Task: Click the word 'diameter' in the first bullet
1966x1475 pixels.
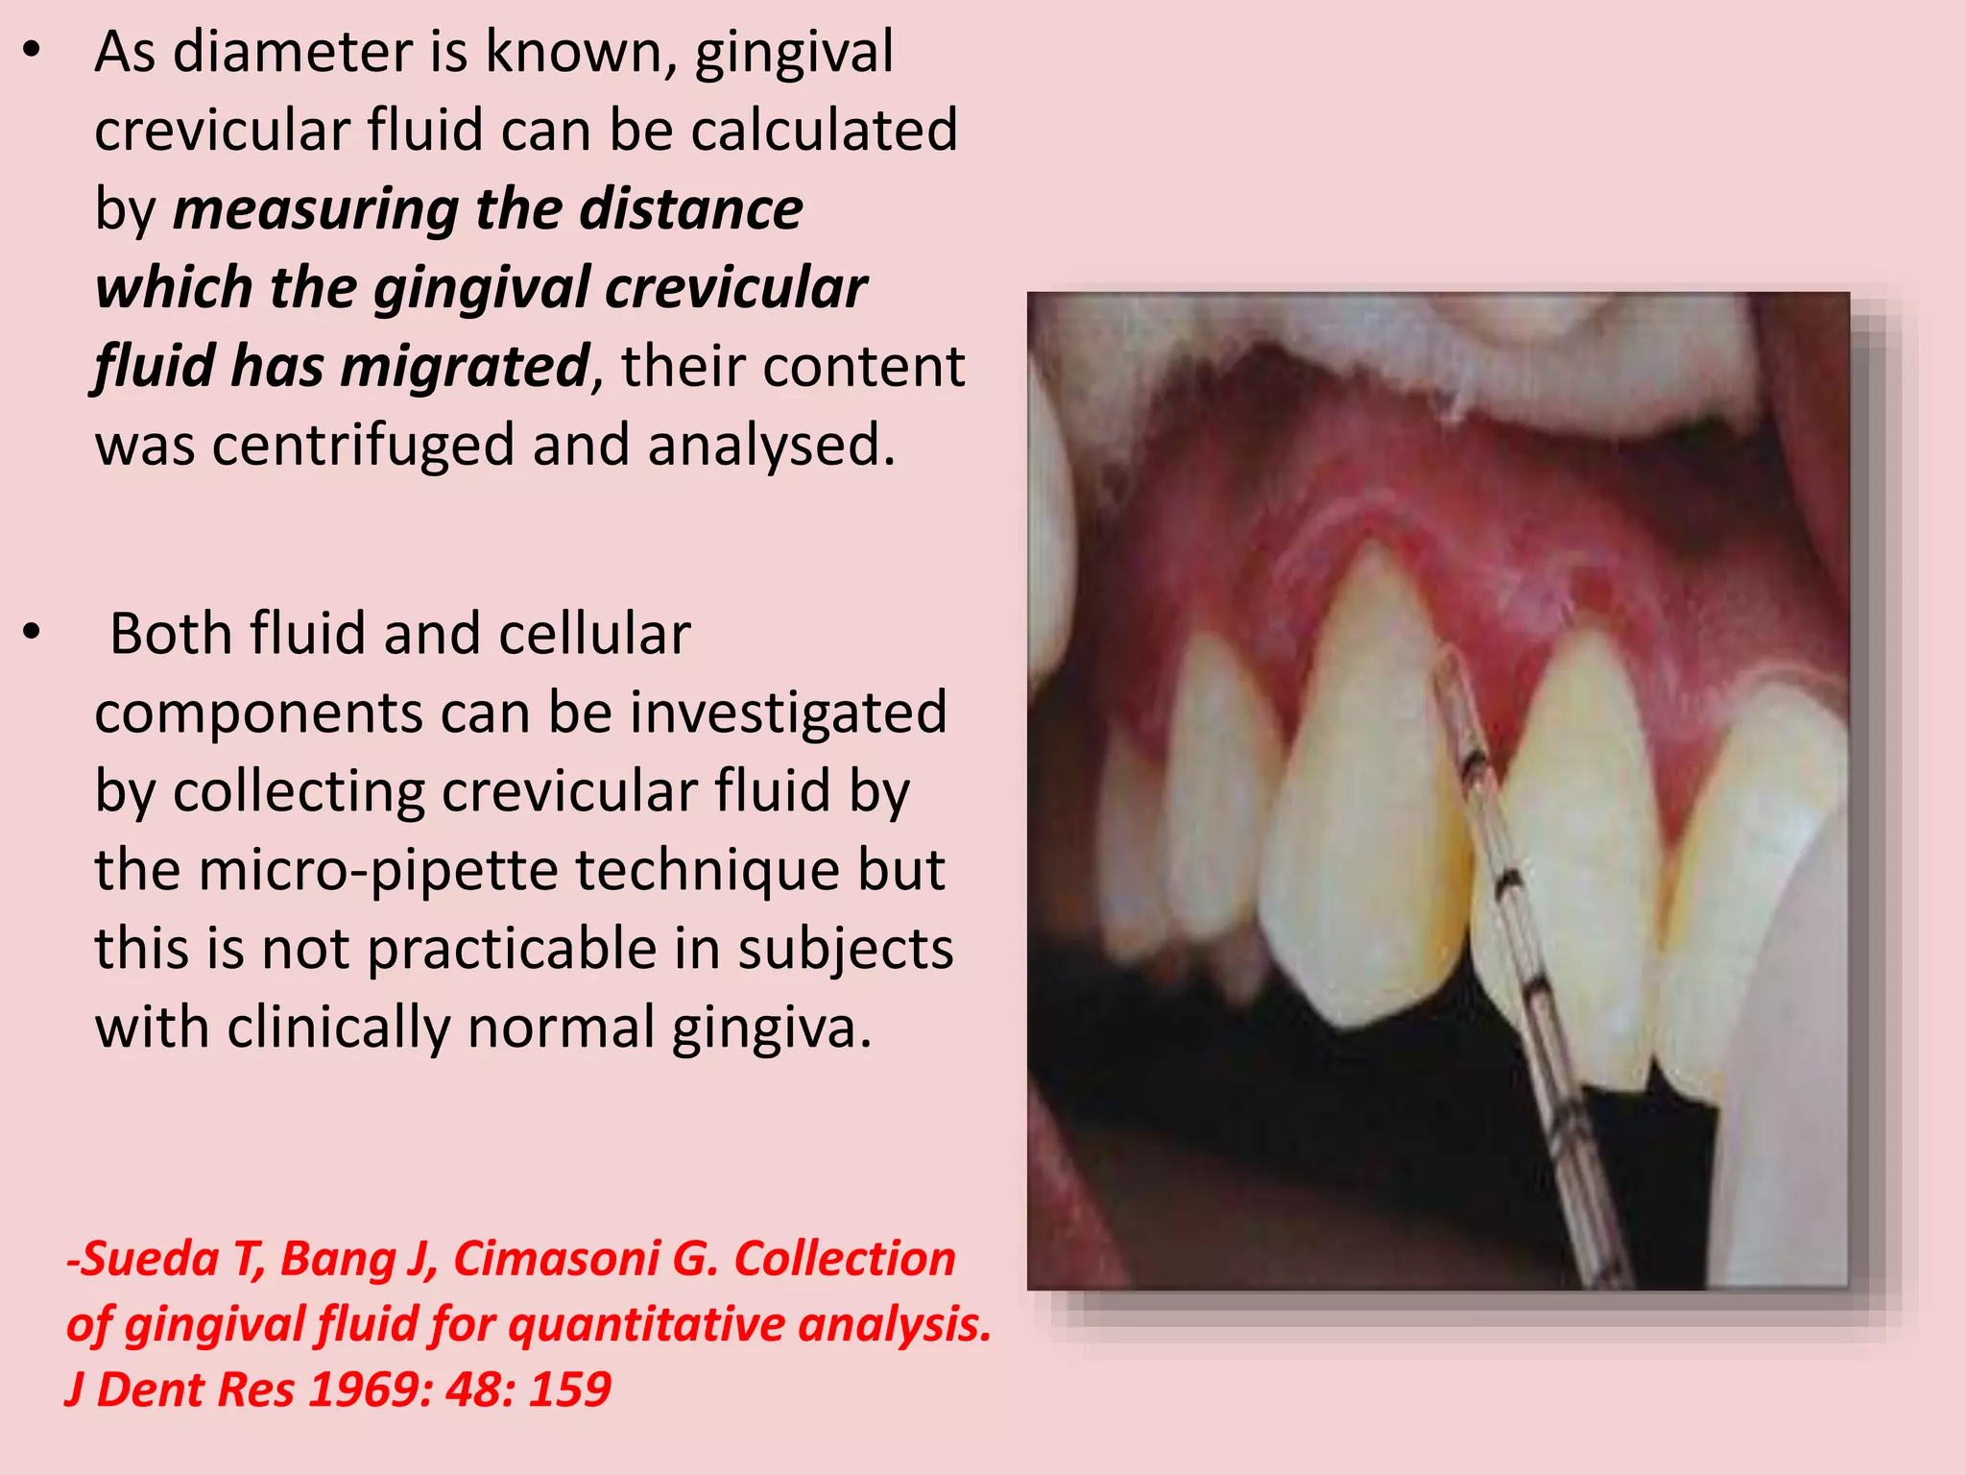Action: click(294, 52)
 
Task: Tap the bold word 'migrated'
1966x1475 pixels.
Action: click(465, 368)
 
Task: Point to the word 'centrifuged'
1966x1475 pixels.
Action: click(364, 447)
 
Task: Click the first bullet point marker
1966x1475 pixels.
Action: click(32, 52)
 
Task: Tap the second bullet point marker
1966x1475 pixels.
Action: click(32, 633)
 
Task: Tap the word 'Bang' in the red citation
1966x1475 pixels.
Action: click(337, 1259)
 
